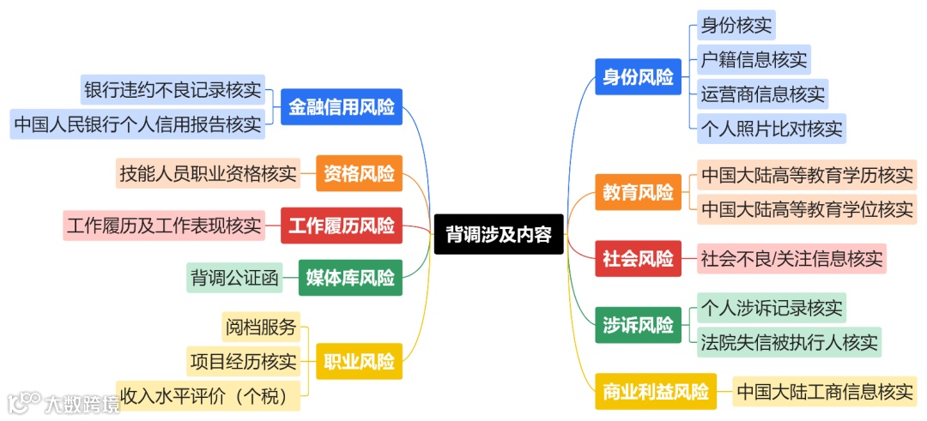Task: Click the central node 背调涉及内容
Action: pos(499,234)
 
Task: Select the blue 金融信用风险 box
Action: pos(342,107)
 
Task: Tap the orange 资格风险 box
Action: pos(359,174)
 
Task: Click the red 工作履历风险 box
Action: pos(342,226)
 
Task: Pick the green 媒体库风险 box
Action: pos(350,277)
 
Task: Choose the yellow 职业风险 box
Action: pos(359,359)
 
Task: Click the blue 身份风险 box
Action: pos(638,77)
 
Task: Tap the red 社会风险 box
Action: pos(638,258)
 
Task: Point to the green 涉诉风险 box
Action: pos(638,326)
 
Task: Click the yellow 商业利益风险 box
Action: pos(656,393)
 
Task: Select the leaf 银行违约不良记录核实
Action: pos(173,89)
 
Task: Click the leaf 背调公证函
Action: pos(235,277)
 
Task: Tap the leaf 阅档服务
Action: pos(261,327)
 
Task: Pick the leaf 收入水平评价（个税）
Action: pos(210,394)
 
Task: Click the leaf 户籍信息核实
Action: pos(754,60)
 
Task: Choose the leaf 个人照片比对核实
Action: pos(771,129)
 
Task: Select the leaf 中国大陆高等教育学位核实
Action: pos(807,209)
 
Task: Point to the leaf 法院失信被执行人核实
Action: pos(789,342)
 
